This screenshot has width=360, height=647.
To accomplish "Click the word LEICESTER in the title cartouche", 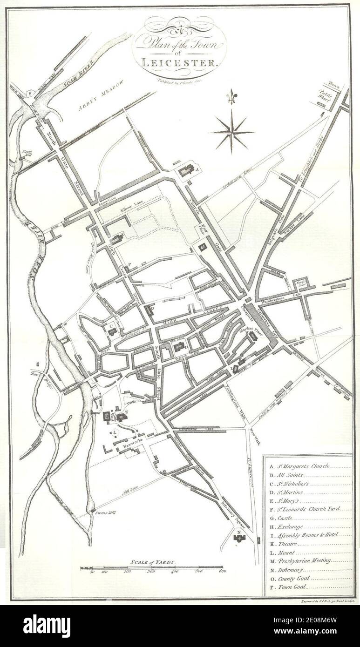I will pos(179,62).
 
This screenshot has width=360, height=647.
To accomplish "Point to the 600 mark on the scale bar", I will pos(221,572).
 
